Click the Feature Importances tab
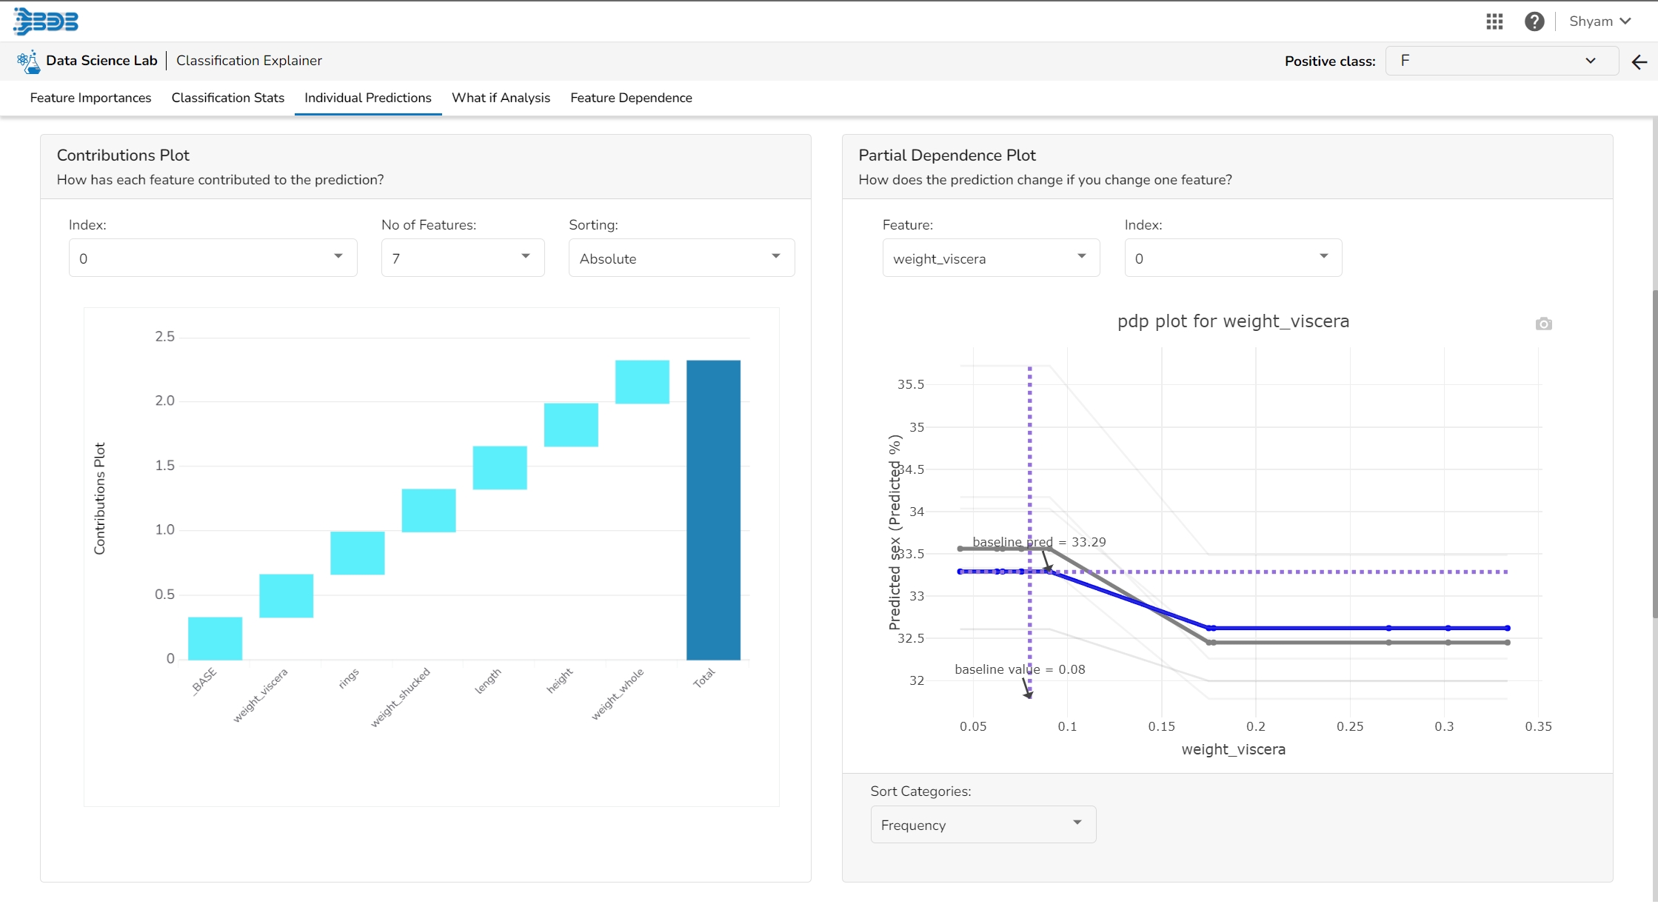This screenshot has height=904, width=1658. [x=90, y=98]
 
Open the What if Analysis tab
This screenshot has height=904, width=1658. [x=501, y=98]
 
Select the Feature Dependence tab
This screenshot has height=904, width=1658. [x=631, y=98]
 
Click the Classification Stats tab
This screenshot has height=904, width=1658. [x=227, y=98]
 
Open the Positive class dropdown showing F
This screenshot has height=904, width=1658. [x=1500, y=61]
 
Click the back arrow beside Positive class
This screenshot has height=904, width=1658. [x=1639, y=62]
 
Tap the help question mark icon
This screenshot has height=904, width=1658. [x=1534, y=21]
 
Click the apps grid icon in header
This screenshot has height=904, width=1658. [x=1494, y=21]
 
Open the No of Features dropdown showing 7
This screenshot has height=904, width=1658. [x=462, y=258]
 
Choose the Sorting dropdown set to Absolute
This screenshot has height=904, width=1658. [x=681, y=258]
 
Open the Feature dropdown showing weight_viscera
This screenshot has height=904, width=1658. [x=990, y=258]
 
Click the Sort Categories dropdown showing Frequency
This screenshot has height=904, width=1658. [x=982, y=824]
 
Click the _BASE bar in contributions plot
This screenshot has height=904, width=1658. [x=215, y=638]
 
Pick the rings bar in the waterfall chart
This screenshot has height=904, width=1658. [x=357, y=553]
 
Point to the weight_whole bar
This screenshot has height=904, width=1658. [x=642, y=382]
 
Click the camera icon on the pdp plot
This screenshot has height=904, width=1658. [x=1543, y=324]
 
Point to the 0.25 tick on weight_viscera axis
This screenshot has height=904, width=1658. [x=1350, y=726]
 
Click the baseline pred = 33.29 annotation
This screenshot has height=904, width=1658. [x=1038, y=542]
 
